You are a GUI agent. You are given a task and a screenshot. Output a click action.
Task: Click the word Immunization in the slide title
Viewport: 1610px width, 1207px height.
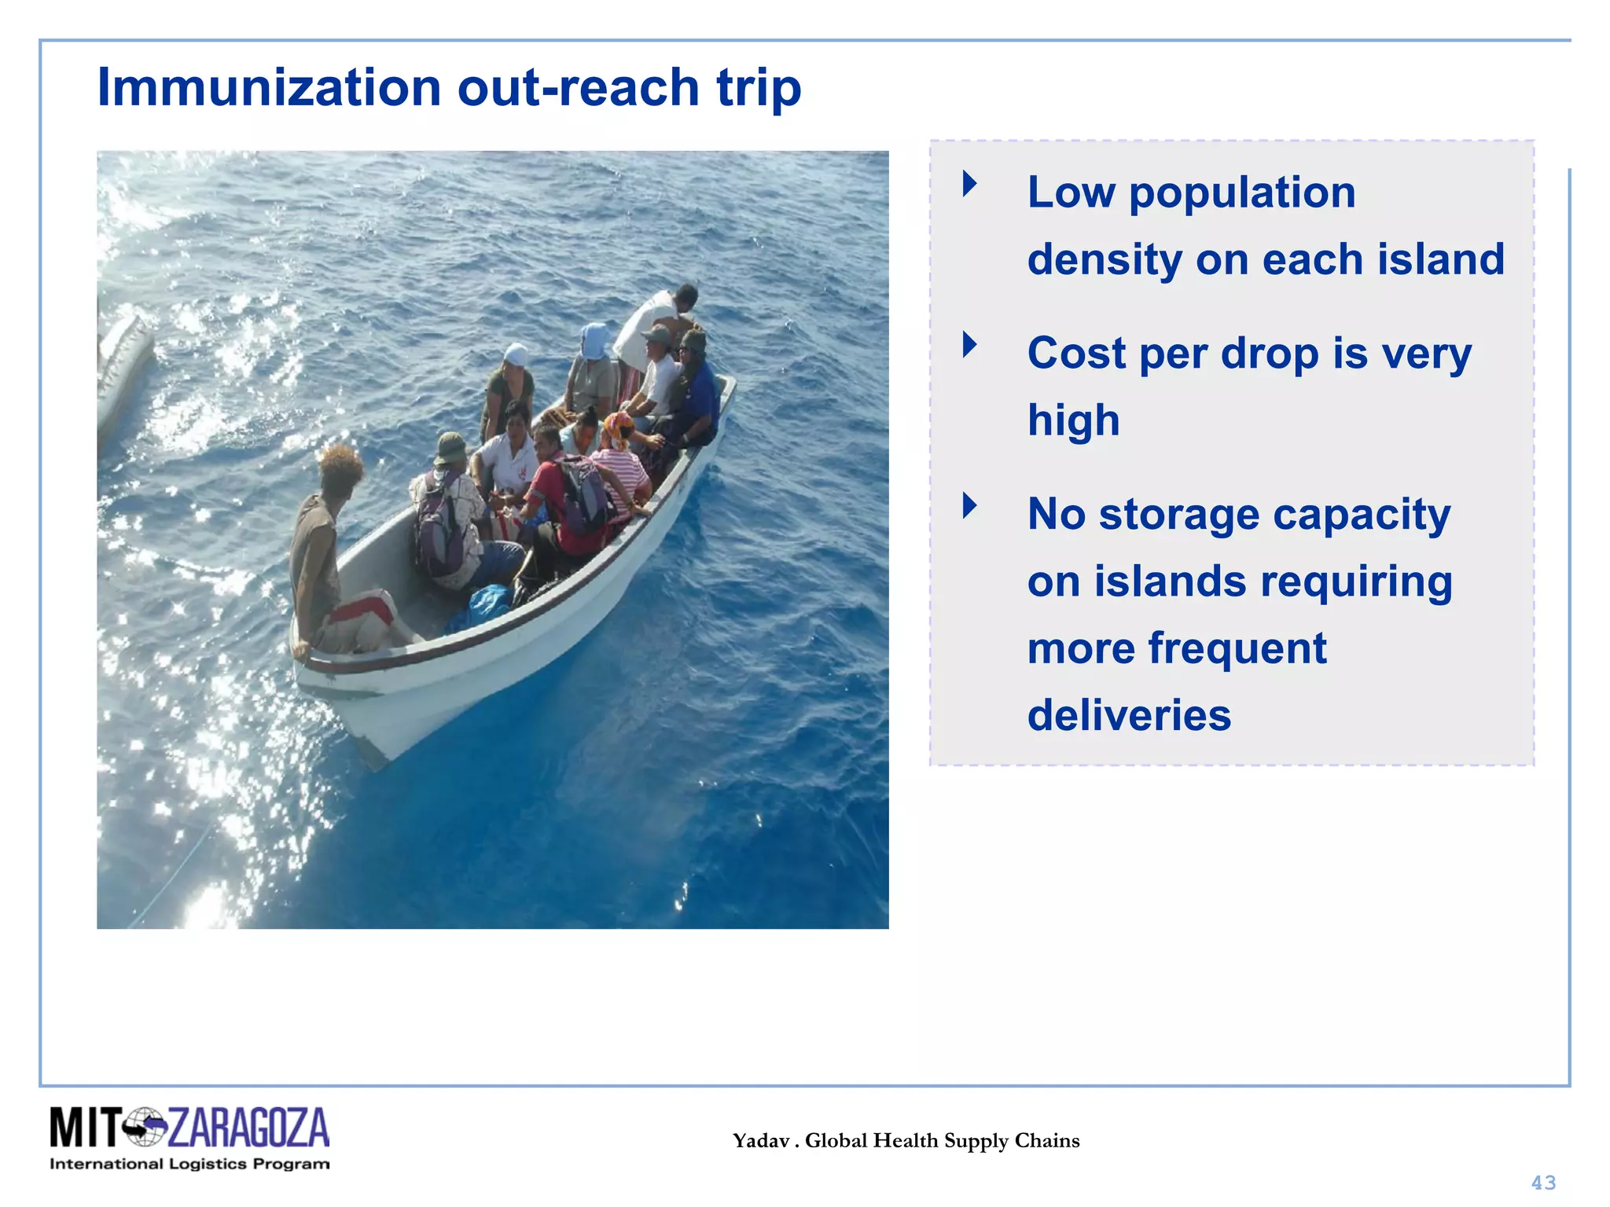269,87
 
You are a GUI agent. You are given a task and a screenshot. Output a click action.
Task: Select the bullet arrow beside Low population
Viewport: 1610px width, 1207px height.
970,184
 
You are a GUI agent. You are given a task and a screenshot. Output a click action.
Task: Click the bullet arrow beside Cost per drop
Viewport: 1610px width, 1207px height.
970,344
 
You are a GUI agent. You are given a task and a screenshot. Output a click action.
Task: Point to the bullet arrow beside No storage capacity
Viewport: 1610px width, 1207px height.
970,505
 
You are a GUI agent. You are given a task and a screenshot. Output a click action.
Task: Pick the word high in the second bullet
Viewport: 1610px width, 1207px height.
1073,420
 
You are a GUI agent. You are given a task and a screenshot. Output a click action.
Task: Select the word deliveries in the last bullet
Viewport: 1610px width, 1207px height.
1129,715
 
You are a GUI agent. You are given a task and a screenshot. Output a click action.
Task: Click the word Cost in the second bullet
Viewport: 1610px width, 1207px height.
1076,353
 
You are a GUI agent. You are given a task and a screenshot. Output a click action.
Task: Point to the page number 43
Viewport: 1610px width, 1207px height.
1543,1183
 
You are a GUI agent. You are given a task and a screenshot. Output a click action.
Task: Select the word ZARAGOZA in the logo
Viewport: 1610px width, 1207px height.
248,1128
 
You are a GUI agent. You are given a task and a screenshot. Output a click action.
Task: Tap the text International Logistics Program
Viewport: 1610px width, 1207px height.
189,1164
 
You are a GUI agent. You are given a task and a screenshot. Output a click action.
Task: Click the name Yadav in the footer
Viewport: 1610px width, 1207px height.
761,1141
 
